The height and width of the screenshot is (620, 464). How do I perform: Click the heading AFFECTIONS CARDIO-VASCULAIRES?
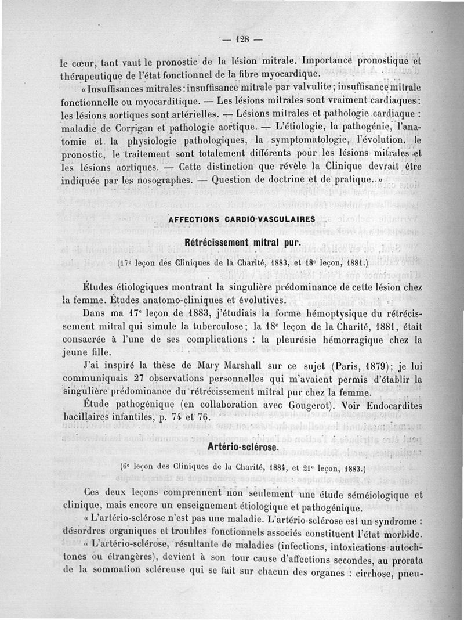click(x=241, y=219)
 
